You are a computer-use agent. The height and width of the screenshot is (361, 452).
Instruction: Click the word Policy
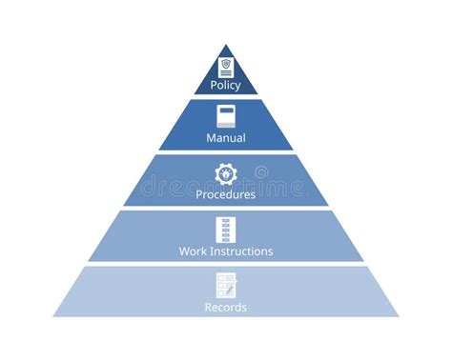click(x=226, y=85)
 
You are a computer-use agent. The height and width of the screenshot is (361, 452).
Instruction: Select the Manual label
click(x=226, y=138)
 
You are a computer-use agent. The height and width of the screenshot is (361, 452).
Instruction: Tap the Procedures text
click(x=226, y=194)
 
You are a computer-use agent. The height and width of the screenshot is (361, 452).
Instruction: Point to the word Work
click(x=194, y=251)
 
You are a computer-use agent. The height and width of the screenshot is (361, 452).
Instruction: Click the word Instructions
click(x=241, y=251)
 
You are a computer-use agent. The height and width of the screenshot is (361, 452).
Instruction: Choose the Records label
click(x=226, y=308)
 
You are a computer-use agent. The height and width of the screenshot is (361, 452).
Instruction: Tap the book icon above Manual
click(x=226, y=117)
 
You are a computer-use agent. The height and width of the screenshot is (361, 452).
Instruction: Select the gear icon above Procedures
click(x=226, y=173)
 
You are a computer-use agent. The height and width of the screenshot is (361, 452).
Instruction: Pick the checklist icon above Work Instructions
click(x=226, y=230)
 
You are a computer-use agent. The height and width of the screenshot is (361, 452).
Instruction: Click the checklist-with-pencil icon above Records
click(x=226, y=285)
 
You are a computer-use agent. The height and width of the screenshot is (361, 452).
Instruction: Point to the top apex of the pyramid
click(x=226, y=45)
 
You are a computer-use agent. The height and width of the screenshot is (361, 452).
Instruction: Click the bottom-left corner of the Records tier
click(x=53, y=316)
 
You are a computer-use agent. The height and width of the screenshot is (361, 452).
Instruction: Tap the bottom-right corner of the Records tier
click(x=399, y=316)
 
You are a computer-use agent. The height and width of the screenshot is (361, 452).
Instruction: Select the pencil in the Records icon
click(x=231, y=288)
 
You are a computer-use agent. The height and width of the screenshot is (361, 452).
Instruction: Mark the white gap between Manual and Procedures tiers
click(x=226, y=152)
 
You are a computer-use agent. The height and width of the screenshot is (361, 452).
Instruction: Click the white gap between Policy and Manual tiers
click(x=226, y=96)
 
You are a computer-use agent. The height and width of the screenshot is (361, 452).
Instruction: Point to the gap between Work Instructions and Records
click(x=226, y=264)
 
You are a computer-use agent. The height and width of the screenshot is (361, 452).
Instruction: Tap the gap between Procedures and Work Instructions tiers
click(x=226, y=209)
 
